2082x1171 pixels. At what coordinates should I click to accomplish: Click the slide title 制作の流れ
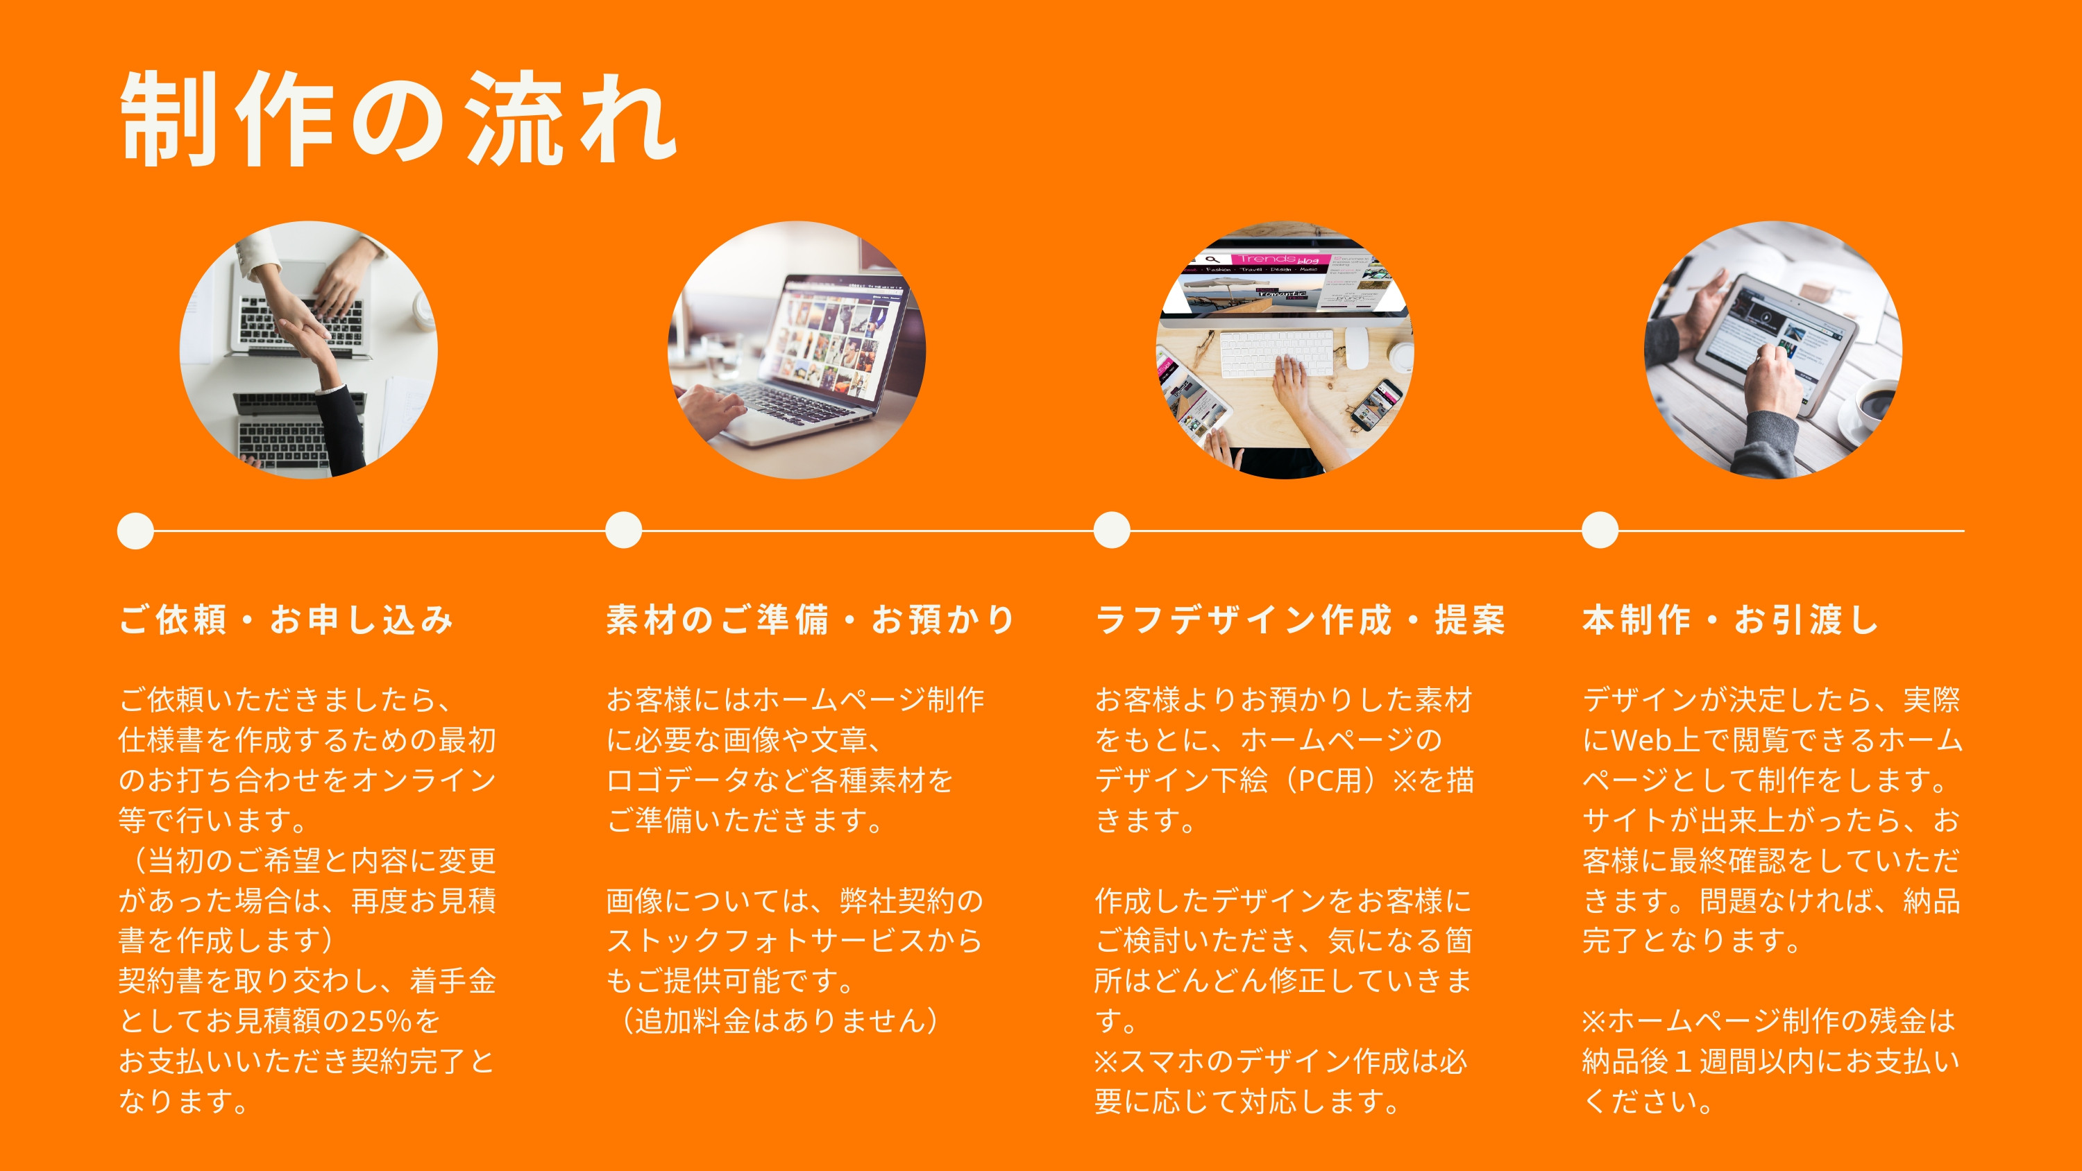point(398,119)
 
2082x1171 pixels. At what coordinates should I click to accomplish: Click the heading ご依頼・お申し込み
point(285,620)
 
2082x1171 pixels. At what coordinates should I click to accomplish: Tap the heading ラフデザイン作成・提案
point(1300,620)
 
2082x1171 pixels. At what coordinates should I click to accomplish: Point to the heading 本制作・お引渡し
point(1730,620)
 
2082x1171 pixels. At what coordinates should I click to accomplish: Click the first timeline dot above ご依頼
point(136,531)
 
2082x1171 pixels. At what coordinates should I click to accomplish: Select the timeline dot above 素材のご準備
point(624,530)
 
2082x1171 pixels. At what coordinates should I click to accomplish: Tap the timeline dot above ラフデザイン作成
point(1112,530)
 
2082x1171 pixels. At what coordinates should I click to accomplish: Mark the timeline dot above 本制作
point(1600,530)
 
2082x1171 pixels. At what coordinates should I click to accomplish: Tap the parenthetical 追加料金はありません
point(781,1021)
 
